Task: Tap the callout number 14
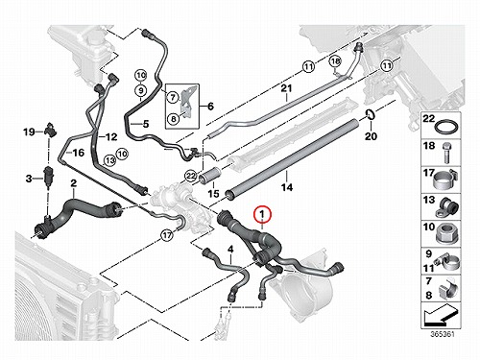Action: (x=287, y=187)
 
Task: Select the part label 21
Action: (x=286, y=88)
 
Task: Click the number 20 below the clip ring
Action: (x=371, y=136)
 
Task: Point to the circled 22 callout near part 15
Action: (x=191, y=176)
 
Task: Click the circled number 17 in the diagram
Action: (x=167, y=236)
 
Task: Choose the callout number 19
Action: (x=29, y=132)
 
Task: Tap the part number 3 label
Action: (x=29, y=179)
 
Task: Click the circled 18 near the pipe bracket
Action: (x=335, y=60)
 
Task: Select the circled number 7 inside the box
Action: (x=173, y=97)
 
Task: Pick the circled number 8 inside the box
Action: (x=173, y=119)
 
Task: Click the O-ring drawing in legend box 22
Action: (x=446, y=128)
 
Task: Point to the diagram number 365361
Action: (x=442, y=334)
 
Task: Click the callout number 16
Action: (x=78, y=153)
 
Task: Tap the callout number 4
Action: (x=230, y=250)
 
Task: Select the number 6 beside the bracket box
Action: (x=210, y=106)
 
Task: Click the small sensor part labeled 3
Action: (x=49, y=176)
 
